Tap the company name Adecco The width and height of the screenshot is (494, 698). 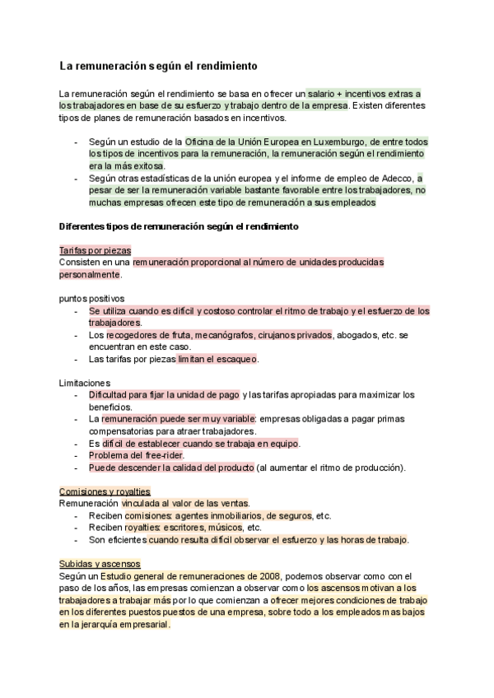coord(394,178)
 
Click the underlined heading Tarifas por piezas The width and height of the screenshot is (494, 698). coord(96,250)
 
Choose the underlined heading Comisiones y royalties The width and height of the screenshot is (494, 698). coord(105,491)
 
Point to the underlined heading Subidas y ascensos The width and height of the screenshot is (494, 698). coord(100,564)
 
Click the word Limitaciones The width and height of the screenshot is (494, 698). coord(85,384)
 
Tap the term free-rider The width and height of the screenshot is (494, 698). coord(162,455)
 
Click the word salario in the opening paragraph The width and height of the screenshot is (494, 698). coord(322,93)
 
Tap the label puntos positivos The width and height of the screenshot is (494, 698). coord(91,298)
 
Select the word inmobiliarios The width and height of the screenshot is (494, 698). coord(232,516)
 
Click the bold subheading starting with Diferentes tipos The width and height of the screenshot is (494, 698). coord(179,226)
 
